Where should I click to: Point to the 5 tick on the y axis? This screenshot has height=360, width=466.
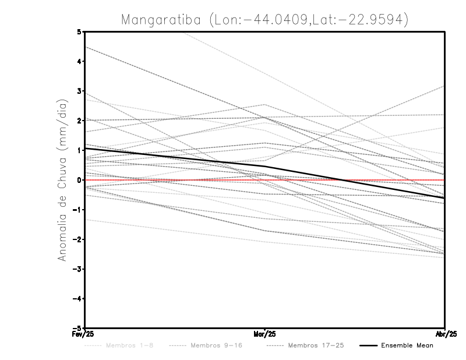coord(79,31)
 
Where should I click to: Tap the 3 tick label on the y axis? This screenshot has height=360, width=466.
coord(79,91)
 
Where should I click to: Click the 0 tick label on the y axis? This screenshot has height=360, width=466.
coord(79,180)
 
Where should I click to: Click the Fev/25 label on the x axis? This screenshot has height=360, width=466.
coord(85,334)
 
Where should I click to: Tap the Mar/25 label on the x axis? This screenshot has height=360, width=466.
coord(265,334)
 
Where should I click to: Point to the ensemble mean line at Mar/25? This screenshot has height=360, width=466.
coord(265,166)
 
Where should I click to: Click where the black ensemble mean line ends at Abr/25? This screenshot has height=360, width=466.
coord(444,198)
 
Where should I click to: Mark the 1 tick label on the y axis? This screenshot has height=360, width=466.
coord(79,150)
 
